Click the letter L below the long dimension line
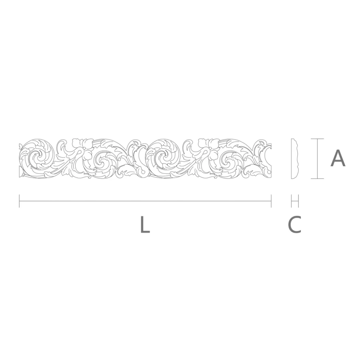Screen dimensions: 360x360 [145, 225]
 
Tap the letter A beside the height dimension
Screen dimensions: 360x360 [338, 158]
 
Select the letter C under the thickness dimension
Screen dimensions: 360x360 [294, 225]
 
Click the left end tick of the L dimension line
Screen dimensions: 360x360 [19, 201]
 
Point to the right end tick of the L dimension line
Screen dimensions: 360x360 [271, 201]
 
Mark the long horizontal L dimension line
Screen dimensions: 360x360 [145, 201]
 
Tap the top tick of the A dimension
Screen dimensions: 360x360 [317, 139]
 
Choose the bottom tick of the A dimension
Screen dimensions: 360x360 [317, 179]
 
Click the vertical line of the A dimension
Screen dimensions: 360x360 [317, 158]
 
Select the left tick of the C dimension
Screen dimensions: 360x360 [291, 201]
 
